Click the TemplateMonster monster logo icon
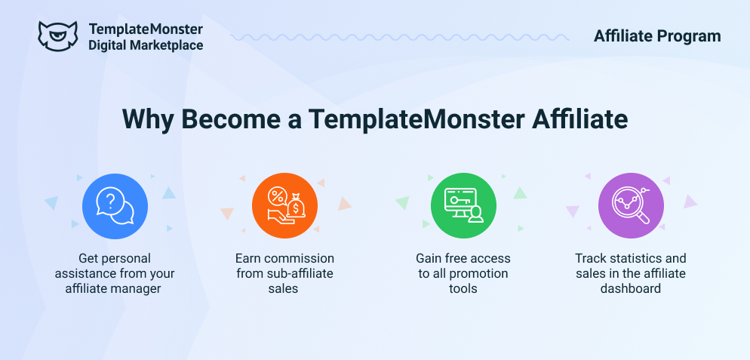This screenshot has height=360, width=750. click(57, 35)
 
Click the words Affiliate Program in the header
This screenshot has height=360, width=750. click(656, 36)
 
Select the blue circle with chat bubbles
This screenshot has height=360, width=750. click(115, 206)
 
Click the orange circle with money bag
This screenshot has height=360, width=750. click(284, 206)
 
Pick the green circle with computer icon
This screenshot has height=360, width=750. click(463, 206)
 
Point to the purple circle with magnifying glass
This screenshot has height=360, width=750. click(631, 206)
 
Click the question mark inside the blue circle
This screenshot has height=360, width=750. click(110, 201)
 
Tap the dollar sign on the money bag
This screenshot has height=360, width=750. click(296, 209)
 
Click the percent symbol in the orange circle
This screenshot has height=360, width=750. click(276, 195)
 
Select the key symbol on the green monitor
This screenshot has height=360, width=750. click(454, 197)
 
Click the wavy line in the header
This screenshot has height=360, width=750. click(399, 37)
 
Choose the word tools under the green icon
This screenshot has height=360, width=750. click(463, 288)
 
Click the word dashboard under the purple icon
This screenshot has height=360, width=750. click(631, 288)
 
